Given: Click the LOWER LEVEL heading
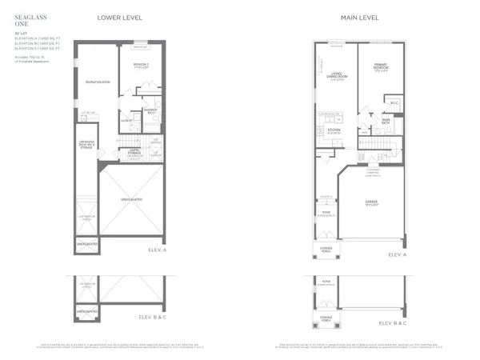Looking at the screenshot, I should click(x=118, y=17).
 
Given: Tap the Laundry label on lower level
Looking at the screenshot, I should click(x=126, y=120).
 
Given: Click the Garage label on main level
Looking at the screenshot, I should click(x=373, y=203).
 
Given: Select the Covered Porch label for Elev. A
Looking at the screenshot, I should click(x=326, y=249).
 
